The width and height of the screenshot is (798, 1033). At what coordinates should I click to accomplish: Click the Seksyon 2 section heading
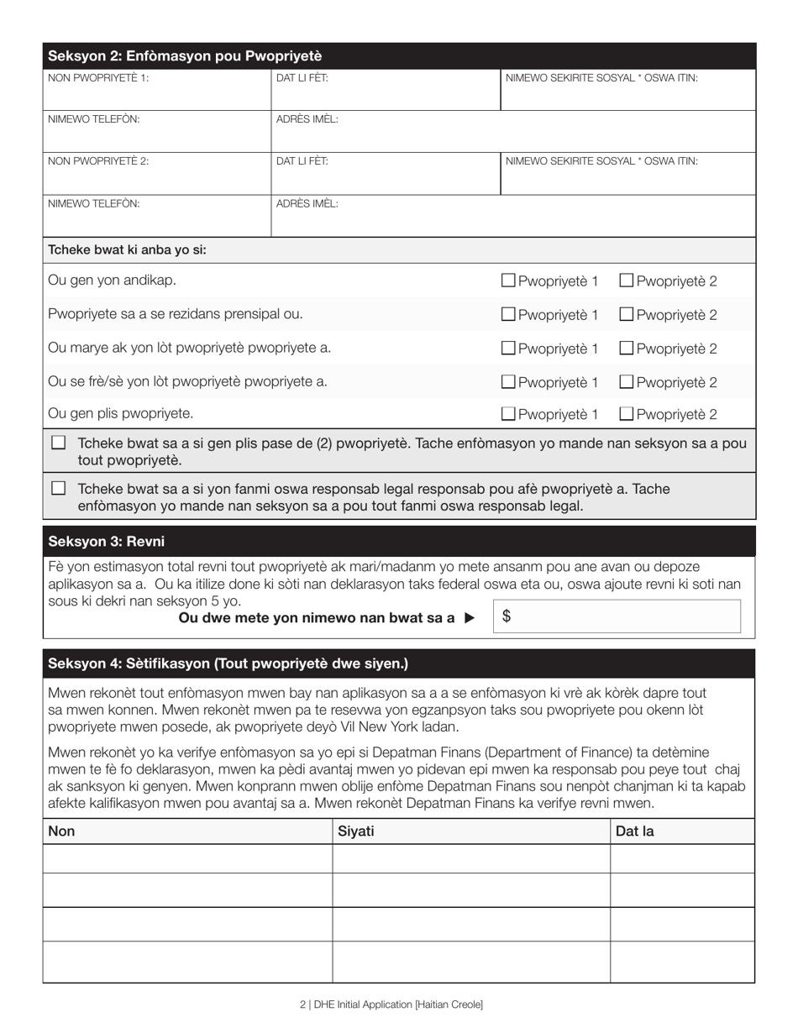tap(185, 56)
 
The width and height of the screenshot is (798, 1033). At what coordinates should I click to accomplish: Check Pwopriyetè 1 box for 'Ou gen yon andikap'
tap(508, 281)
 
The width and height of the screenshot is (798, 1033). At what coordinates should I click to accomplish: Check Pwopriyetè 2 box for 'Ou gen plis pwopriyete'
tap(626, 413)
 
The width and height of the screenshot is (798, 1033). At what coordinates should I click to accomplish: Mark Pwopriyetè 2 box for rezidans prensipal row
tap(626, 314)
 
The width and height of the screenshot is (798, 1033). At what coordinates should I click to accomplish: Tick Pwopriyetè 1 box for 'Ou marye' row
tap(508, 348)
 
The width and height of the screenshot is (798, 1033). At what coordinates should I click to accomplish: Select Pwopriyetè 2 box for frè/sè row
tap(626, 381)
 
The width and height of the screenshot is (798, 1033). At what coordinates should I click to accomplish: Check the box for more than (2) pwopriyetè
tap(58, 443)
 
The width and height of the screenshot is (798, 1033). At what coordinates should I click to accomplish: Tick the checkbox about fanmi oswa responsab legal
tap(58, 488)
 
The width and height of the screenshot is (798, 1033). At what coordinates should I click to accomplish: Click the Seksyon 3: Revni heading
tap(106, 542)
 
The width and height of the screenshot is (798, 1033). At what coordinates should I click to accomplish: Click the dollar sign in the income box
tap(507, 616)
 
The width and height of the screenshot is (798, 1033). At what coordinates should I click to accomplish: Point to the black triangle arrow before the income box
tap(470, 618)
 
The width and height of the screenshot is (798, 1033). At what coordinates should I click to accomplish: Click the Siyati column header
tap(356, 831)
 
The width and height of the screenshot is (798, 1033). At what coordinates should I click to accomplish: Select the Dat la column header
tap(635, 831)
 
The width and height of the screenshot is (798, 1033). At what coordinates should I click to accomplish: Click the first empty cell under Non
tap(187, 858)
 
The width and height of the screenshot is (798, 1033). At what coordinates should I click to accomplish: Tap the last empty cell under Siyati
tap(470, 962)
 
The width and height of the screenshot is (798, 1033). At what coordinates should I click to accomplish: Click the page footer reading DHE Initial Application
tap(391, 1004)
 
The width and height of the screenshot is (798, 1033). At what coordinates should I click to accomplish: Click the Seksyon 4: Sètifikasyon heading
tap(228, 663)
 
